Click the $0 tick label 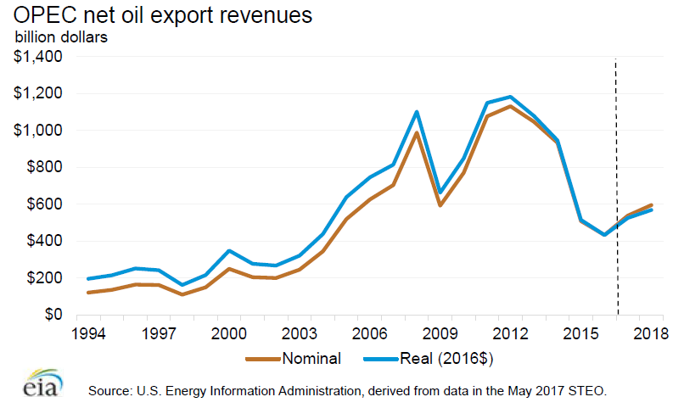pos(53,315)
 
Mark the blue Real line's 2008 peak pos(417,112)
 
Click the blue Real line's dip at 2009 pos(440,193)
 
